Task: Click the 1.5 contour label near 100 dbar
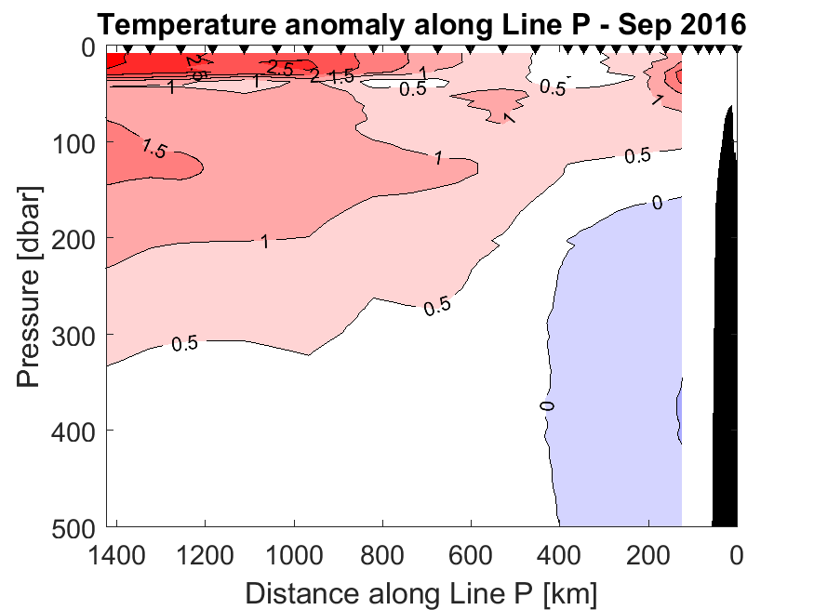point(154,148)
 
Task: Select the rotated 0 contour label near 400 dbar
point(547,405)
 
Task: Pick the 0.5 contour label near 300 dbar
point(185,344)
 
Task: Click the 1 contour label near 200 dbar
point(264,242)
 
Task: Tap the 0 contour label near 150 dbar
point(657,203)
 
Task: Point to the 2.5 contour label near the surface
point(280,68)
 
